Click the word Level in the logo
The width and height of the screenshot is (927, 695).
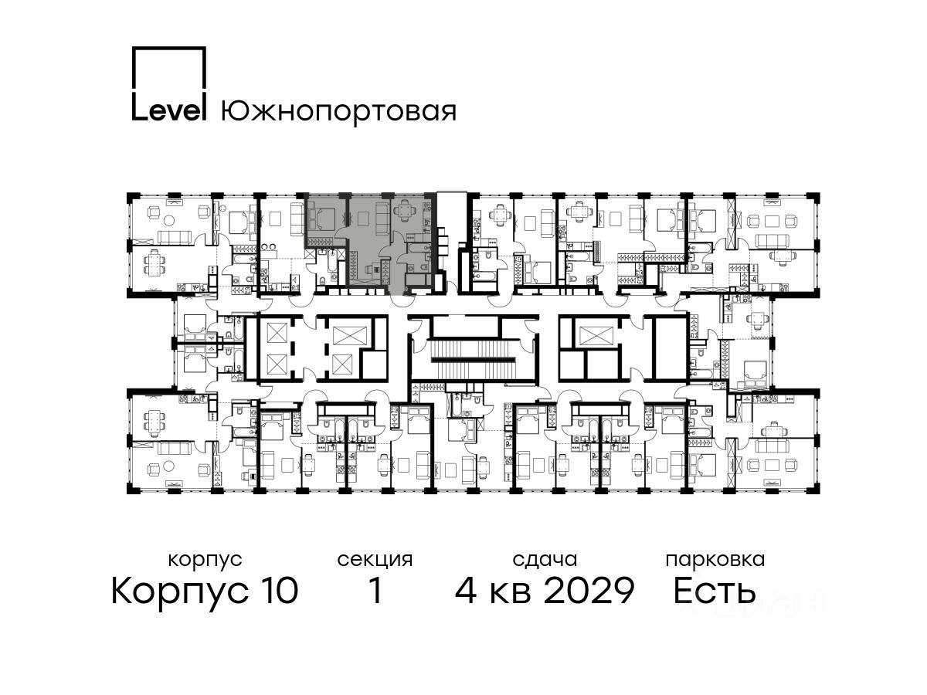pos(169,110)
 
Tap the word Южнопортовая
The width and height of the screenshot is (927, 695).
pos(338,112)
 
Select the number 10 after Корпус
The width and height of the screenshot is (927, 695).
pos(277,590)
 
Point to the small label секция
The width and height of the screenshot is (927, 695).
pos(375,560)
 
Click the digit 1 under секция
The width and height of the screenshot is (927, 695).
pos(375,590)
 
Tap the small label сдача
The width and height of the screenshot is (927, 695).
pos(545,560)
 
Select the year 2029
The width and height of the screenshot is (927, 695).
pos(589,590)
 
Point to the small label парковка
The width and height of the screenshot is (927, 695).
pos(715,560)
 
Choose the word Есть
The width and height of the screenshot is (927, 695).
pos(714,590)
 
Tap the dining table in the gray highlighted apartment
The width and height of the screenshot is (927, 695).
pos(405,208)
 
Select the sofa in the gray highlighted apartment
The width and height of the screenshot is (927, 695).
pos(383,219)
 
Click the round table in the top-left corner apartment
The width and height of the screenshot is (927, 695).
pos(169,220)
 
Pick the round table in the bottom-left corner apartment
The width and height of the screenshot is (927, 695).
pos(169,466)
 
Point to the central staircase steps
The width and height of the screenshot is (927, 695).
pos(473,360)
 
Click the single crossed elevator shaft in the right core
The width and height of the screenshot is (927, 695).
pos(596,336)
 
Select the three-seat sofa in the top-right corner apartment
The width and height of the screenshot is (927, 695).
pos(772,241)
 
